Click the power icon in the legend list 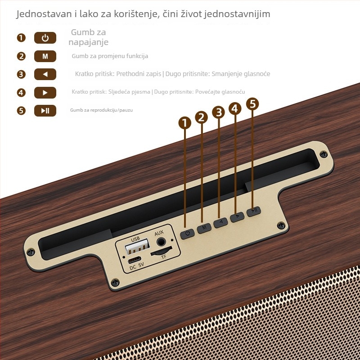coord(45,38)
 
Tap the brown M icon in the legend coord(45,56)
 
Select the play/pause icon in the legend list coord(45,111)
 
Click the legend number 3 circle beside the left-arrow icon coord(21,74)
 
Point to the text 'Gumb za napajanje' coord(88,37)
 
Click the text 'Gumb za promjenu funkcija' coord(110,56)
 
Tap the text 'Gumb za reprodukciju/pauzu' coord(101,110)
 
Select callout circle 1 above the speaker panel coord(185,123)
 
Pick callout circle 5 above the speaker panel coord(252,104)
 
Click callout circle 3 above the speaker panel coord(218,112)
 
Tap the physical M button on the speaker coord(204,228)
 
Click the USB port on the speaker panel coord(137,246)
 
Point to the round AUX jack coord(161,242)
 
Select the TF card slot coord(161,252)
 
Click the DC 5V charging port coord(134,260)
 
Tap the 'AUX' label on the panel coord(159,233)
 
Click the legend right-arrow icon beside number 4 coord(45,93)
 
